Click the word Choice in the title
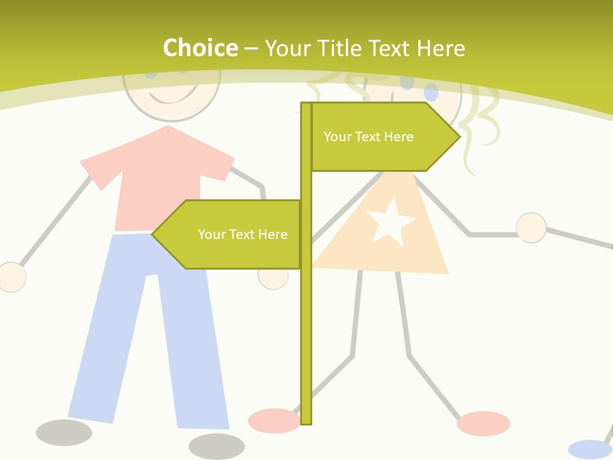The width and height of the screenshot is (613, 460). (200, 49)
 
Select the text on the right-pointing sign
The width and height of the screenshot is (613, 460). (368, 137)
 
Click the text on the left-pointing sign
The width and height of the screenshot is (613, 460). (243, 234)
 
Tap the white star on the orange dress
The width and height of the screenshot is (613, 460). (390, 222)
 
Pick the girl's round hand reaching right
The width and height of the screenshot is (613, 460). (531, 227)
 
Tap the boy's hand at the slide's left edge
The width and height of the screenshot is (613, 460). (11, 277)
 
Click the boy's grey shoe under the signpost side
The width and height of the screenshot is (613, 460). (216, 446)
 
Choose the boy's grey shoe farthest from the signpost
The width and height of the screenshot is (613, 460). (64, 433)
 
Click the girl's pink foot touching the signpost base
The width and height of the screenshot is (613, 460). (273, 420)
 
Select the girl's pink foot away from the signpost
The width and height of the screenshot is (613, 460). (483, 423)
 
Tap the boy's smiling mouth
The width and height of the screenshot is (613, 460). (171, 96)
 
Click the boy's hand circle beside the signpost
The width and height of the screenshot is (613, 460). (273, 275)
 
